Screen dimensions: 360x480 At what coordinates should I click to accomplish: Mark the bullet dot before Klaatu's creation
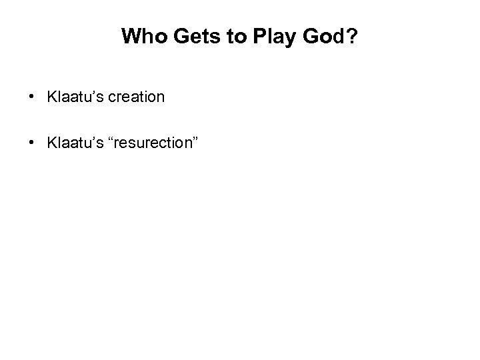point(33,97)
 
